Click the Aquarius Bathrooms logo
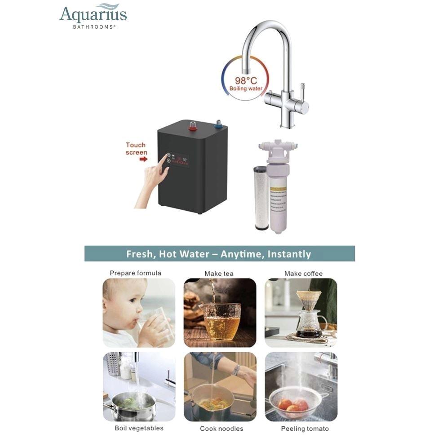[x=93, y=16]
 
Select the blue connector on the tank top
[x=219, y=124]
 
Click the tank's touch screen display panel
[x=177, y=159]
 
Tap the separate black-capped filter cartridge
[x=261, y=198]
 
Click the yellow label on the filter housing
[x=279, y=202]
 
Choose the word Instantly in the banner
[x=289, y=254]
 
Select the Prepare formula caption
[x=135, y=273]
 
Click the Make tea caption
[x=219, y=274]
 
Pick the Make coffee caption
[x=303, y=274]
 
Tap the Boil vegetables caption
[x=139, y=428]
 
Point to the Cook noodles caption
[x=221, y=429]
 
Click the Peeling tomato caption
[x=305, y=429]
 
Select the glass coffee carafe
[x=310, y=321]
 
